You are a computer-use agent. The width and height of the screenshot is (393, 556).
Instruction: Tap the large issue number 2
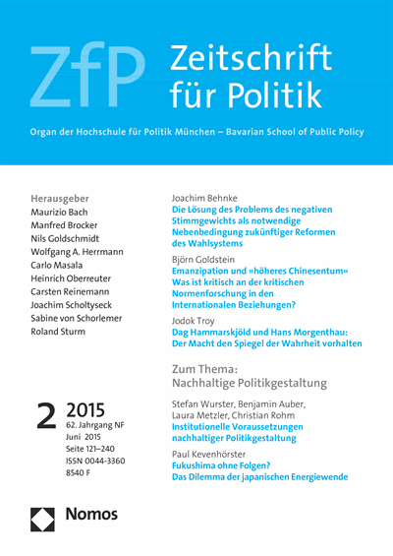coord(45,412)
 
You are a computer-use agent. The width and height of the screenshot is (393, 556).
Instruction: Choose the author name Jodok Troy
coord(198,320)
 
